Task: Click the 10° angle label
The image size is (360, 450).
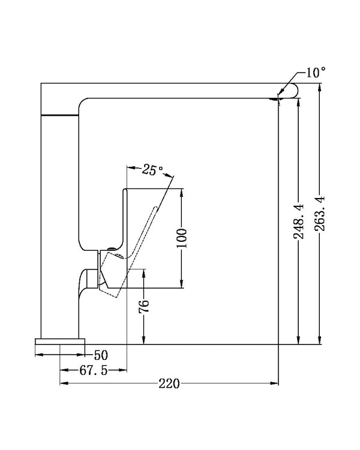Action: point(315,73)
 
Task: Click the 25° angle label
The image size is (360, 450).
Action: point(153,170)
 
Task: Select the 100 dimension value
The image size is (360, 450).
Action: point(183,238)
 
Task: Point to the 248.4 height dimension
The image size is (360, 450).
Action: point(298,223)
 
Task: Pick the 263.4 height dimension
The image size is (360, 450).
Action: point(320,214)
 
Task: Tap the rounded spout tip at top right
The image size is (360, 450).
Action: point(289,91)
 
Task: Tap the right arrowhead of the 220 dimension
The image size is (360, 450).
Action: point(277,383)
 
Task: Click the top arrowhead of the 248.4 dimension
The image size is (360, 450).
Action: point(297,101)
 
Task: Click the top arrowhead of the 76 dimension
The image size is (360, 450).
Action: point(144,274)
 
